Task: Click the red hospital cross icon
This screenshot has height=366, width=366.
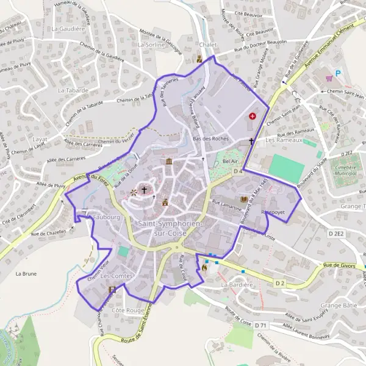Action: tap(253, 116)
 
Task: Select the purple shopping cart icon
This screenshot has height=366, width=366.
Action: tap(329, 78)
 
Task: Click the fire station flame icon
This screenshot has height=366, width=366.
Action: tap(204, 267)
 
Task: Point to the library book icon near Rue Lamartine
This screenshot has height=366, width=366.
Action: tap(245, 199)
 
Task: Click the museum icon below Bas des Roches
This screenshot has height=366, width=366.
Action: tap(168, 162)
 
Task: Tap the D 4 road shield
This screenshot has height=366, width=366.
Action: tap(238, 173)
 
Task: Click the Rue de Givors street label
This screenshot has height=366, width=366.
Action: tap(339, 265)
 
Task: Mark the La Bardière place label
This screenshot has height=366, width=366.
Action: tap(237, 285)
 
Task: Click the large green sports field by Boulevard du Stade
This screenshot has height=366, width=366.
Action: tap(285, 168)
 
